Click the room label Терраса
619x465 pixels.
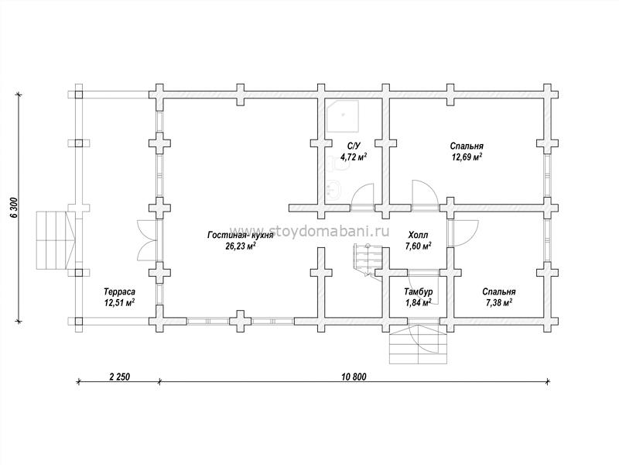click(119, 292)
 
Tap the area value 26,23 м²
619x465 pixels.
click(241, 246)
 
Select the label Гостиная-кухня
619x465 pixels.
click(241, 235)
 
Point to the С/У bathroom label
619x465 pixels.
click(353, 146)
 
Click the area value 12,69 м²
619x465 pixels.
click(467, 156)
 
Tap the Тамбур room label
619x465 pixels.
click(419, 292)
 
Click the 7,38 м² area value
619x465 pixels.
click(499, 302)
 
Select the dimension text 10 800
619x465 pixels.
click(354, 377)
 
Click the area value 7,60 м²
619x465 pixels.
click(418, 246)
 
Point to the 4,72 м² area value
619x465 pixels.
click(353, 157)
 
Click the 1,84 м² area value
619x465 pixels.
click(419, 302)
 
